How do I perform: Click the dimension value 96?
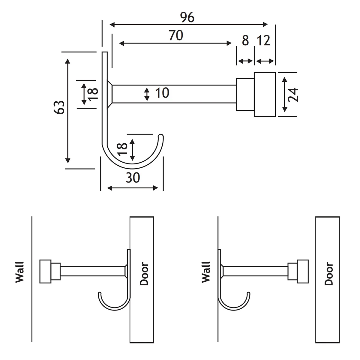click(187, 18)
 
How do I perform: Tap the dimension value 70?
click(175, 35)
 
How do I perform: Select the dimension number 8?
click(245, 40)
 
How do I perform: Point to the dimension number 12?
click(264, 40)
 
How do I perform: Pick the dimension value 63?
click(60, 107)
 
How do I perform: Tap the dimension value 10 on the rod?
click(162, 93)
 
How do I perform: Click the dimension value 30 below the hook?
click(133, 178)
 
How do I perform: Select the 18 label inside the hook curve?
click(122, 149)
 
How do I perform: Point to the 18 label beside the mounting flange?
click(93, 94)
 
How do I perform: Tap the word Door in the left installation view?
click(144, 274)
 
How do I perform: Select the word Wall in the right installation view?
click(206, 272)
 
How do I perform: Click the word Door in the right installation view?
click(329, 274)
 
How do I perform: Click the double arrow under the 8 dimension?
click(245, 61)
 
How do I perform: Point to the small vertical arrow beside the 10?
click(147, 94)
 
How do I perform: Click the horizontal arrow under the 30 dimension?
click(132, 188)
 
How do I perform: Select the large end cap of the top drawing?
click(265, 94)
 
